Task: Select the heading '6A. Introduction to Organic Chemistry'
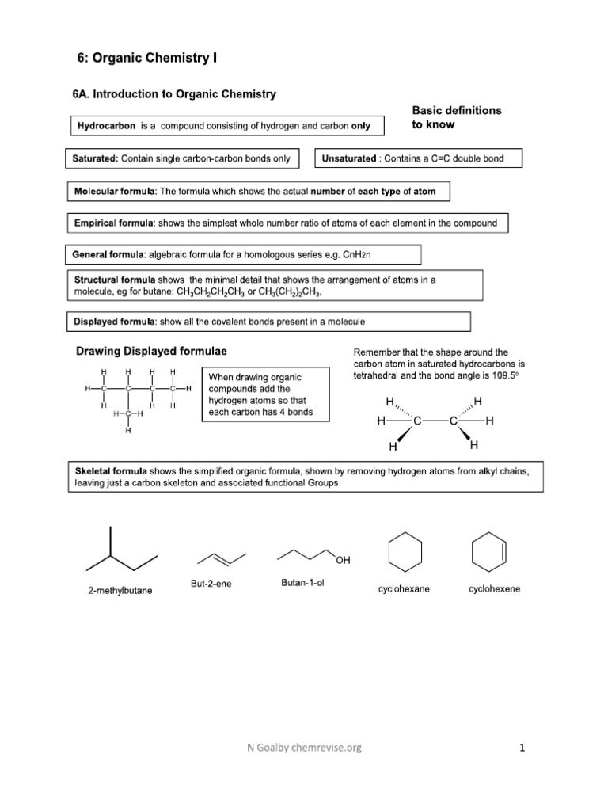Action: [174, 94]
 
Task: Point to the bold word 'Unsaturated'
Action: [348, 158]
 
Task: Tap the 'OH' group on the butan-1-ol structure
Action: [342, 561]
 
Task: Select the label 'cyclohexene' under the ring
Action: [494, 589]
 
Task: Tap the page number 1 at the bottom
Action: [522, 747]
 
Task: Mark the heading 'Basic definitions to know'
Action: [456, 117]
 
